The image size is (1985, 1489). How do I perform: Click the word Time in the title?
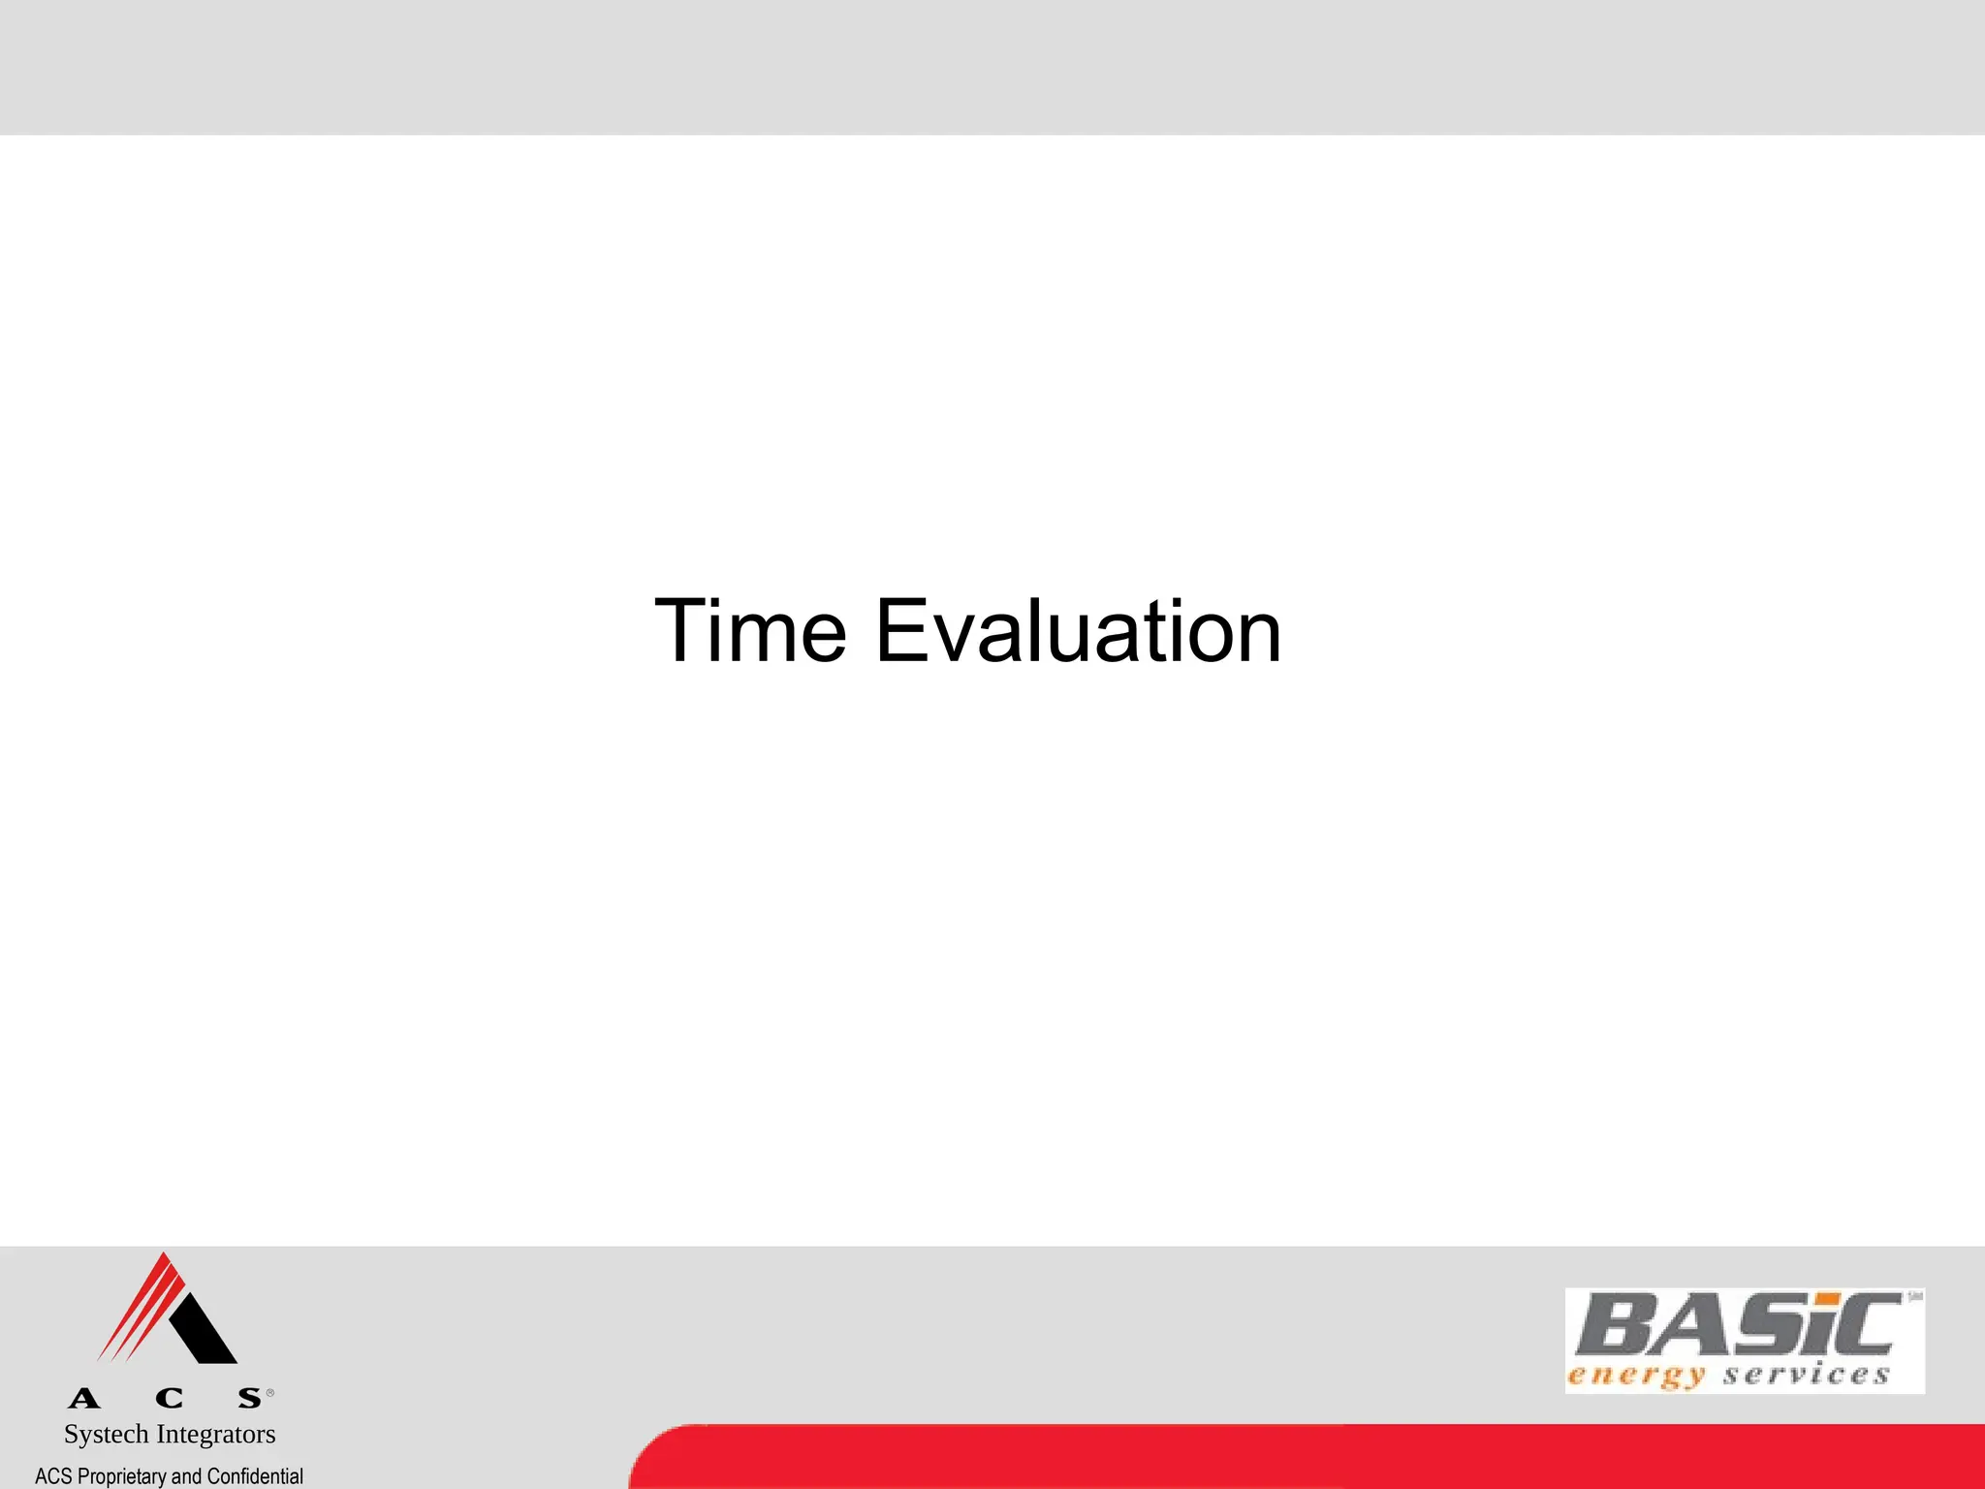[x=750, y=631]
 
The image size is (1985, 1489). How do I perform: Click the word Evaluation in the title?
[x=1078, y=631]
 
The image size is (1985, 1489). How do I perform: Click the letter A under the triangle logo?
[x=84, y=1398]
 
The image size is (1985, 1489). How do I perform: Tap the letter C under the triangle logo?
[x=169, y=1398]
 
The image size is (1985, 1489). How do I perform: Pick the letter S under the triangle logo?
[x=250, y=1398]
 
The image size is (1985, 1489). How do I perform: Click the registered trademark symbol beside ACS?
[x=270, y=1393]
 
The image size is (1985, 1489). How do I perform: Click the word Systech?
[x=106, y=1434]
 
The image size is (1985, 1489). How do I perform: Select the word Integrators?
[x=216, y=1434]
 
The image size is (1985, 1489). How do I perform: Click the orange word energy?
[x=1636, y=1376]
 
